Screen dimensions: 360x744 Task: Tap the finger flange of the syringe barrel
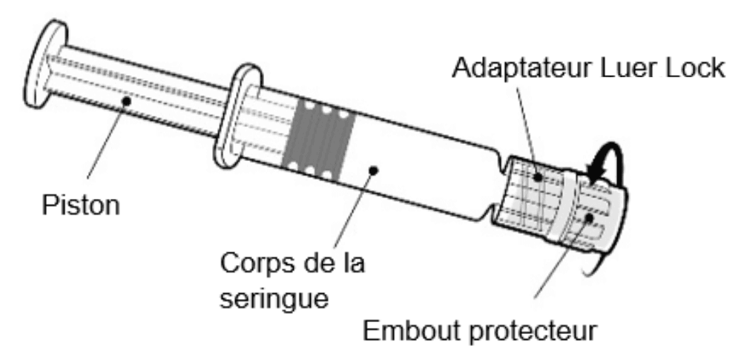237,115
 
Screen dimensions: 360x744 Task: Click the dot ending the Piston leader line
128,99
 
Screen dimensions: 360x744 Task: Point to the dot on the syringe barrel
374,170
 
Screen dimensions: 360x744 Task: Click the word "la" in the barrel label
349,263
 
